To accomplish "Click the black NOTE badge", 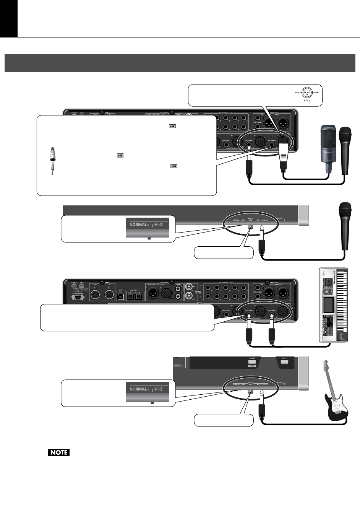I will coord(59,452).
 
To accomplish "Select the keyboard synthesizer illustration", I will coord(333,305).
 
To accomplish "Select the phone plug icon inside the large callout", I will coord(52,168).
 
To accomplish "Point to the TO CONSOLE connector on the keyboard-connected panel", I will coord(78,297).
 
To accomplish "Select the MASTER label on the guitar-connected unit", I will coord(178,366).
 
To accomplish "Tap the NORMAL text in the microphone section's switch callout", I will coord(138,225).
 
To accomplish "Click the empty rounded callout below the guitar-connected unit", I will coord(224,420).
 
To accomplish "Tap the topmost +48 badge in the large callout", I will coord(172,126).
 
